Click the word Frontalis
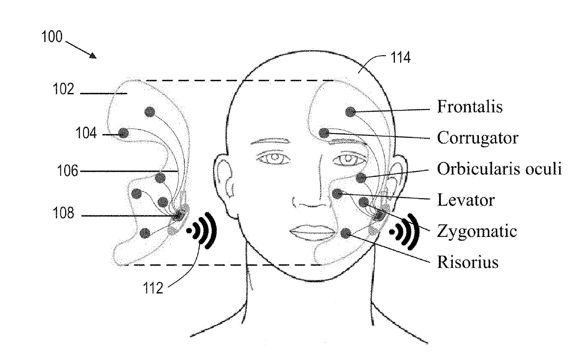pos(469,107)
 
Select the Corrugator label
pos(477,138)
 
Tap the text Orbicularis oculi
pos(499,169)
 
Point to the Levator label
pos(466,200)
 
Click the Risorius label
pos(468,262)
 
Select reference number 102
pos(63,90)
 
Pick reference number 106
pos(68,171)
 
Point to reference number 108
pos(63,214)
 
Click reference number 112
pos(153,287)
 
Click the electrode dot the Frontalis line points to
pos(350,112)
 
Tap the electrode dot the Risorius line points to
pos(346,233)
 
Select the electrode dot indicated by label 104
pos(124,133)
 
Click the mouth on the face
pos(311,232)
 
